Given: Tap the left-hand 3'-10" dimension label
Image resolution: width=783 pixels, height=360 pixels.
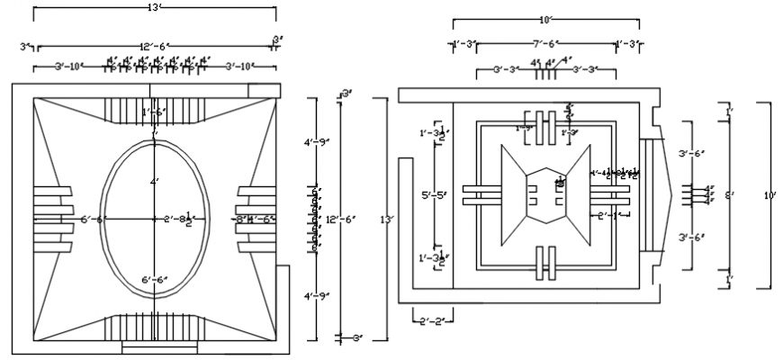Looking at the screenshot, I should point(70,66).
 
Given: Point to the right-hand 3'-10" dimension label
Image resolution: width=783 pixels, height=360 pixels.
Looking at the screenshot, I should point(239,66).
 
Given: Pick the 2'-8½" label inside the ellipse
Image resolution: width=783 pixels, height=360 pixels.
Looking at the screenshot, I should point(178,219).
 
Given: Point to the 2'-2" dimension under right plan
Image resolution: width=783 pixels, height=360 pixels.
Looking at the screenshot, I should point(429,319).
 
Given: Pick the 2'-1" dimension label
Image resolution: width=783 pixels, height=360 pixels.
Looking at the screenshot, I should point(607,215).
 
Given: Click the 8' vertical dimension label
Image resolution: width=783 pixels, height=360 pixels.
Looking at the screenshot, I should point(729,194).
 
